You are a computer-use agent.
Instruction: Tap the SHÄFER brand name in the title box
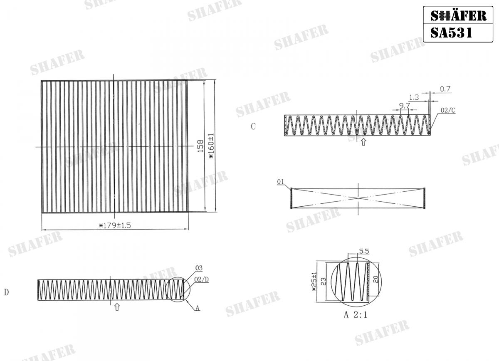pos(458,15)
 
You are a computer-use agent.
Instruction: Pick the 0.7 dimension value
pos(445,89)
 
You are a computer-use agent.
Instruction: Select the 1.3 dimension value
pos(414,97)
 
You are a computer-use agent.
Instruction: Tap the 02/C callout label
pos(448,110)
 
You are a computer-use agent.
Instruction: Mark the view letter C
pos(253,127)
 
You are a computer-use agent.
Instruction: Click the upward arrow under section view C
pos(363,142)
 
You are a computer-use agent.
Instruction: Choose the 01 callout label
pos(280,182)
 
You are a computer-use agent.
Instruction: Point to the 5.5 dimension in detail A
pos(364,251)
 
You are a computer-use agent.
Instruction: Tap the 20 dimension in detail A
pos(375,279)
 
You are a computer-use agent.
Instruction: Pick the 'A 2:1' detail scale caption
pos(356,315)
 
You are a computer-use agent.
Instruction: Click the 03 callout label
pos(199,268)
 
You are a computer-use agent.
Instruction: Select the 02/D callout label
pos(202,279)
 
